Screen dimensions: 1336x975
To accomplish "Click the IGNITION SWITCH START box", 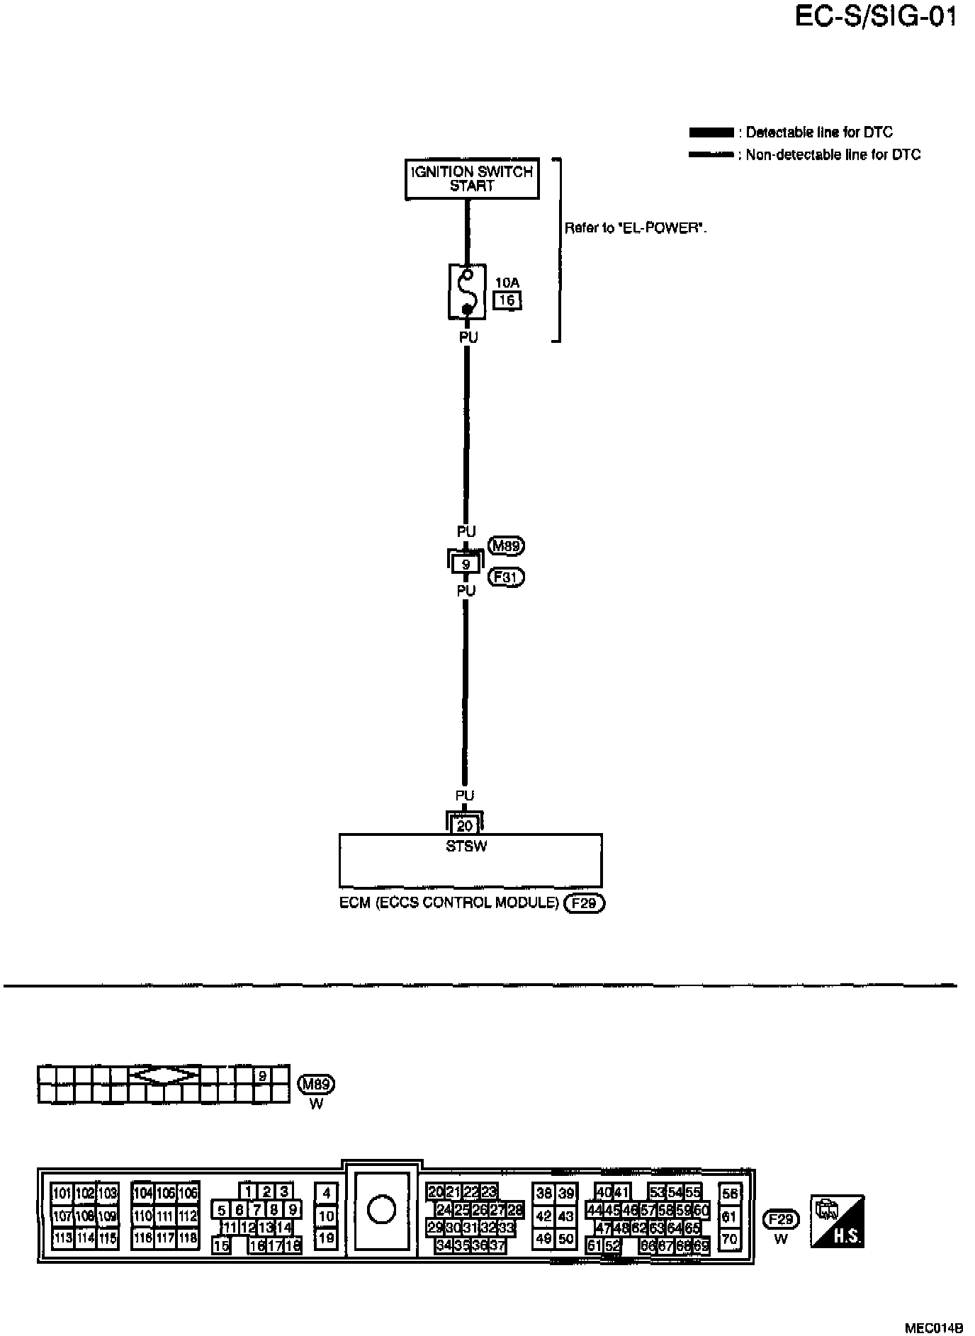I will (x=472, y=179).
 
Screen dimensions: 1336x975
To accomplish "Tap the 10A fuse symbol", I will (x=466, y=292).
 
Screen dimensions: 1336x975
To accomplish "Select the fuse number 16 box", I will (x=507, y=300).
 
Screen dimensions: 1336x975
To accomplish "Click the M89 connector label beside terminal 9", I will (x=507, y=546).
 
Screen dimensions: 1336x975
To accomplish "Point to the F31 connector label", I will (x=507, y=577).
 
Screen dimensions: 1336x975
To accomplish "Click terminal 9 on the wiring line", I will (x=466, y=564).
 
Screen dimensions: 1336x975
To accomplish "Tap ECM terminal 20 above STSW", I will (x=465, y=825).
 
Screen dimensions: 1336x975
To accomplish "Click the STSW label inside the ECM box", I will (x=466, y=846).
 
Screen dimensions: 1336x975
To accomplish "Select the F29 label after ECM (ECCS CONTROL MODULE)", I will (x=585, y=903).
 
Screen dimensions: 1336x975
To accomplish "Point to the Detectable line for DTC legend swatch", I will (x=711, y=132).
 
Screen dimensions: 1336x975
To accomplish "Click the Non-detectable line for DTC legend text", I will (x=833, y=155).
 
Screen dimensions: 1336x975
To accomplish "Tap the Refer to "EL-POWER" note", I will (x=636, y=228).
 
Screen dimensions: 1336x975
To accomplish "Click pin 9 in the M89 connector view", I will (x=262, y=1075).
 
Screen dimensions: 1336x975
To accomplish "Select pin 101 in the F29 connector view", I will (x=62, y=1194).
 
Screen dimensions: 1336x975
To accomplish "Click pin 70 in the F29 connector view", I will (x=729, y=1240).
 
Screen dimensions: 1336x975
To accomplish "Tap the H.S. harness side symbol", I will (x=837, y=1222).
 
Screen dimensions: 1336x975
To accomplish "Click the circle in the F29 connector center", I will (x=381, y=1209).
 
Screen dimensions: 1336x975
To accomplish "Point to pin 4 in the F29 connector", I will (x=326, y=1193).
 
